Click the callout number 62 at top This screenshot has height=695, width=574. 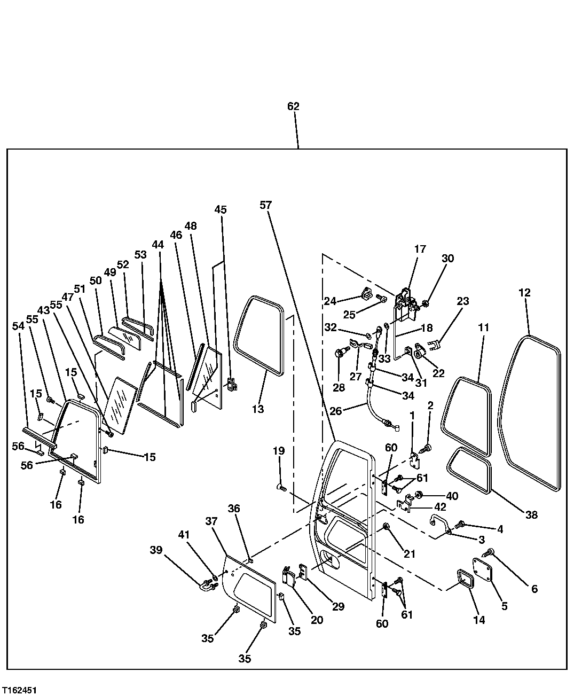(293, 106)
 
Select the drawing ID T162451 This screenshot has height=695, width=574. (19, 690)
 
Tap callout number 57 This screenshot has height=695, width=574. (266, 205)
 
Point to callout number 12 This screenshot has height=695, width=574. (524, 292)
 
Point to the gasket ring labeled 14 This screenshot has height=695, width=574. (465, 580)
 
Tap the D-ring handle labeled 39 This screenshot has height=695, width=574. (206, 587)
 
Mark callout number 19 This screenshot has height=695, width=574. (279, 450)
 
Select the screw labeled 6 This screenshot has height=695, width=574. (490, 552)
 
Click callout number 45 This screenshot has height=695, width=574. (221, 209)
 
